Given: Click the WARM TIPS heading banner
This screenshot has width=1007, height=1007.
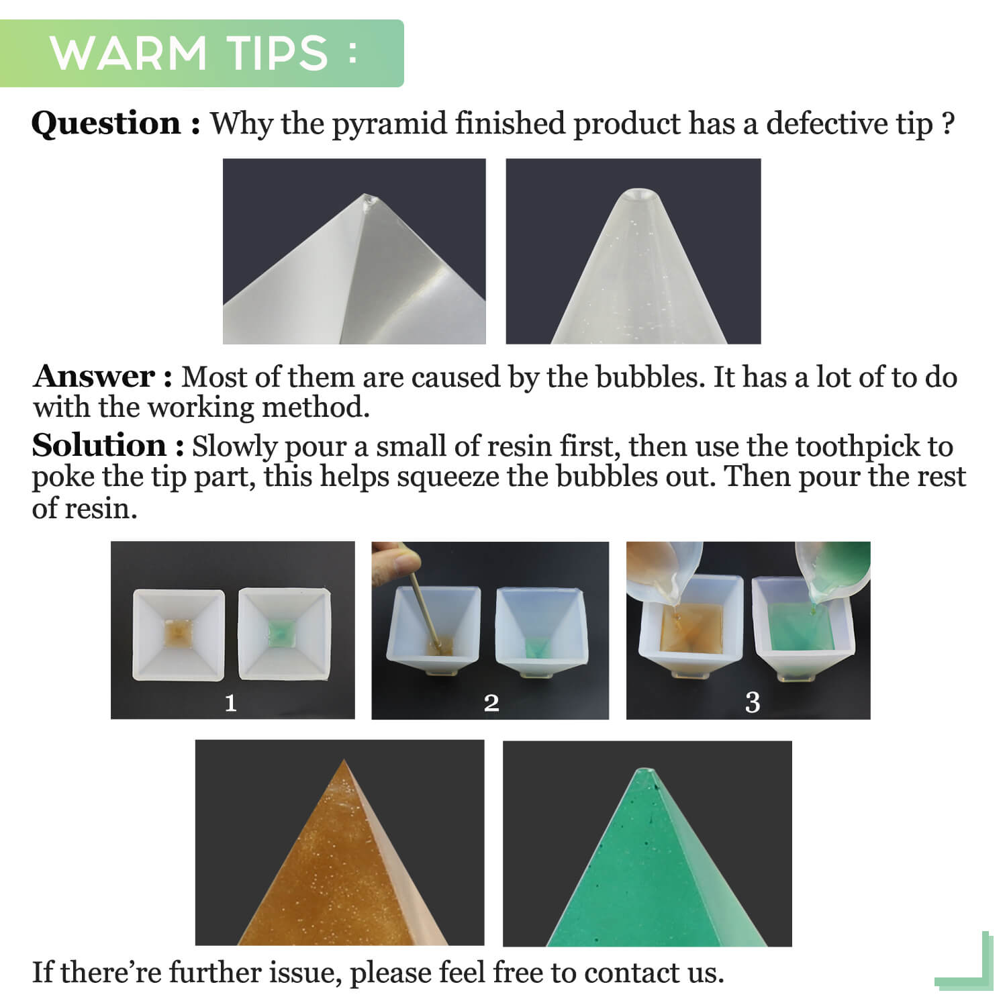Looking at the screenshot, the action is [201, 54].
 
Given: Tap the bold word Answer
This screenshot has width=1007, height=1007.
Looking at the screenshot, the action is [95, 376].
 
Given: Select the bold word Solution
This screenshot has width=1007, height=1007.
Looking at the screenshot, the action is [99, 445].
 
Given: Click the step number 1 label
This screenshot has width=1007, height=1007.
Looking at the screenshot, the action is [230, 703].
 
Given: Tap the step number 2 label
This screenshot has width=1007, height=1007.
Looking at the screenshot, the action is [491, 703].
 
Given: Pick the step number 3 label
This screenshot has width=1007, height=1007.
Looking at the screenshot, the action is [753, 703].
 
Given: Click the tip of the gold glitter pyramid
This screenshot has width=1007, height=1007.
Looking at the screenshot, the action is [344, 761].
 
